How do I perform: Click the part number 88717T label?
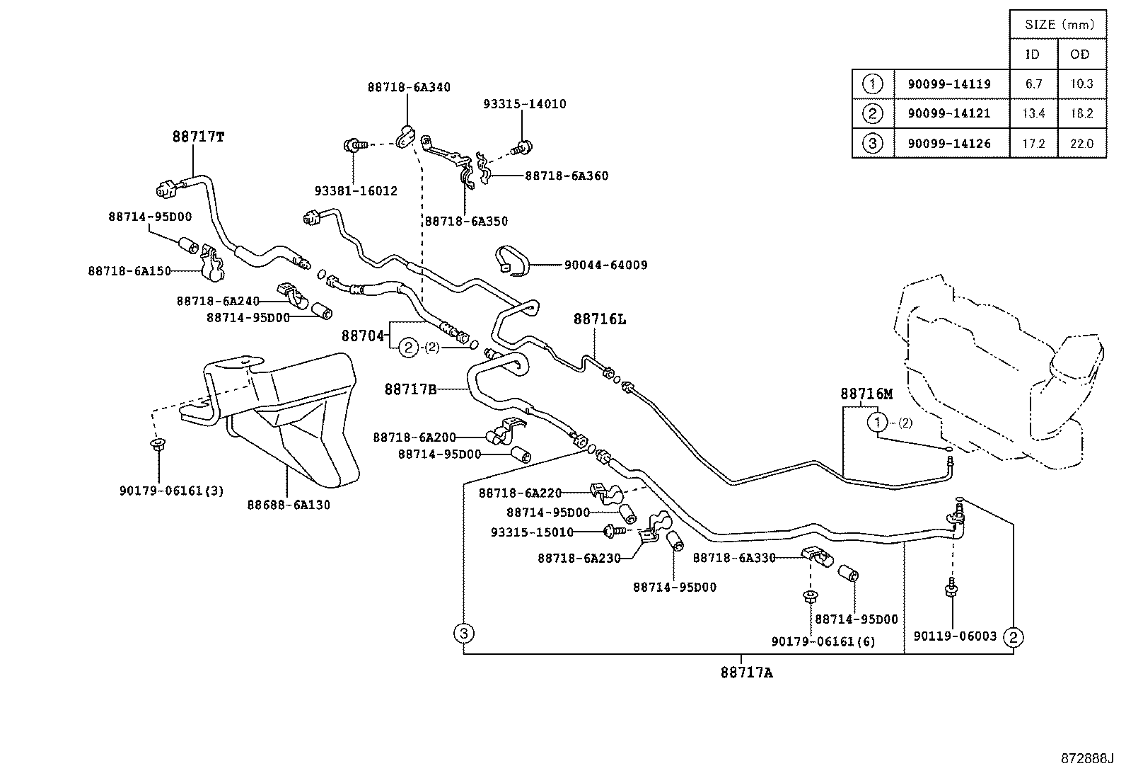199,137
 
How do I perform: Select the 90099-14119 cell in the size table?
949,84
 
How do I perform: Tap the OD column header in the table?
1080,54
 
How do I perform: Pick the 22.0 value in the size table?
1081,144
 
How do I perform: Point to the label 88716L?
600,319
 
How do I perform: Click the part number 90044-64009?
605,265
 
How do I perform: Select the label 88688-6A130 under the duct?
289,505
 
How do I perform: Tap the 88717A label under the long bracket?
746,673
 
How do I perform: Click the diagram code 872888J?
1087,758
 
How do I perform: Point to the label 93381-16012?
356,190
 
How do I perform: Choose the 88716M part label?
866,394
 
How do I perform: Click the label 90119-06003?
955,636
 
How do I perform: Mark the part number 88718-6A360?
567,176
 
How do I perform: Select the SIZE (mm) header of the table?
1059,25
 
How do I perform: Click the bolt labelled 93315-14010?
522,148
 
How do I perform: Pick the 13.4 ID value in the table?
1033,113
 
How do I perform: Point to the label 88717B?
411,389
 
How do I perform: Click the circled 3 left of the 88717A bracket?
463,633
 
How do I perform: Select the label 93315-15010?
533,532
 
